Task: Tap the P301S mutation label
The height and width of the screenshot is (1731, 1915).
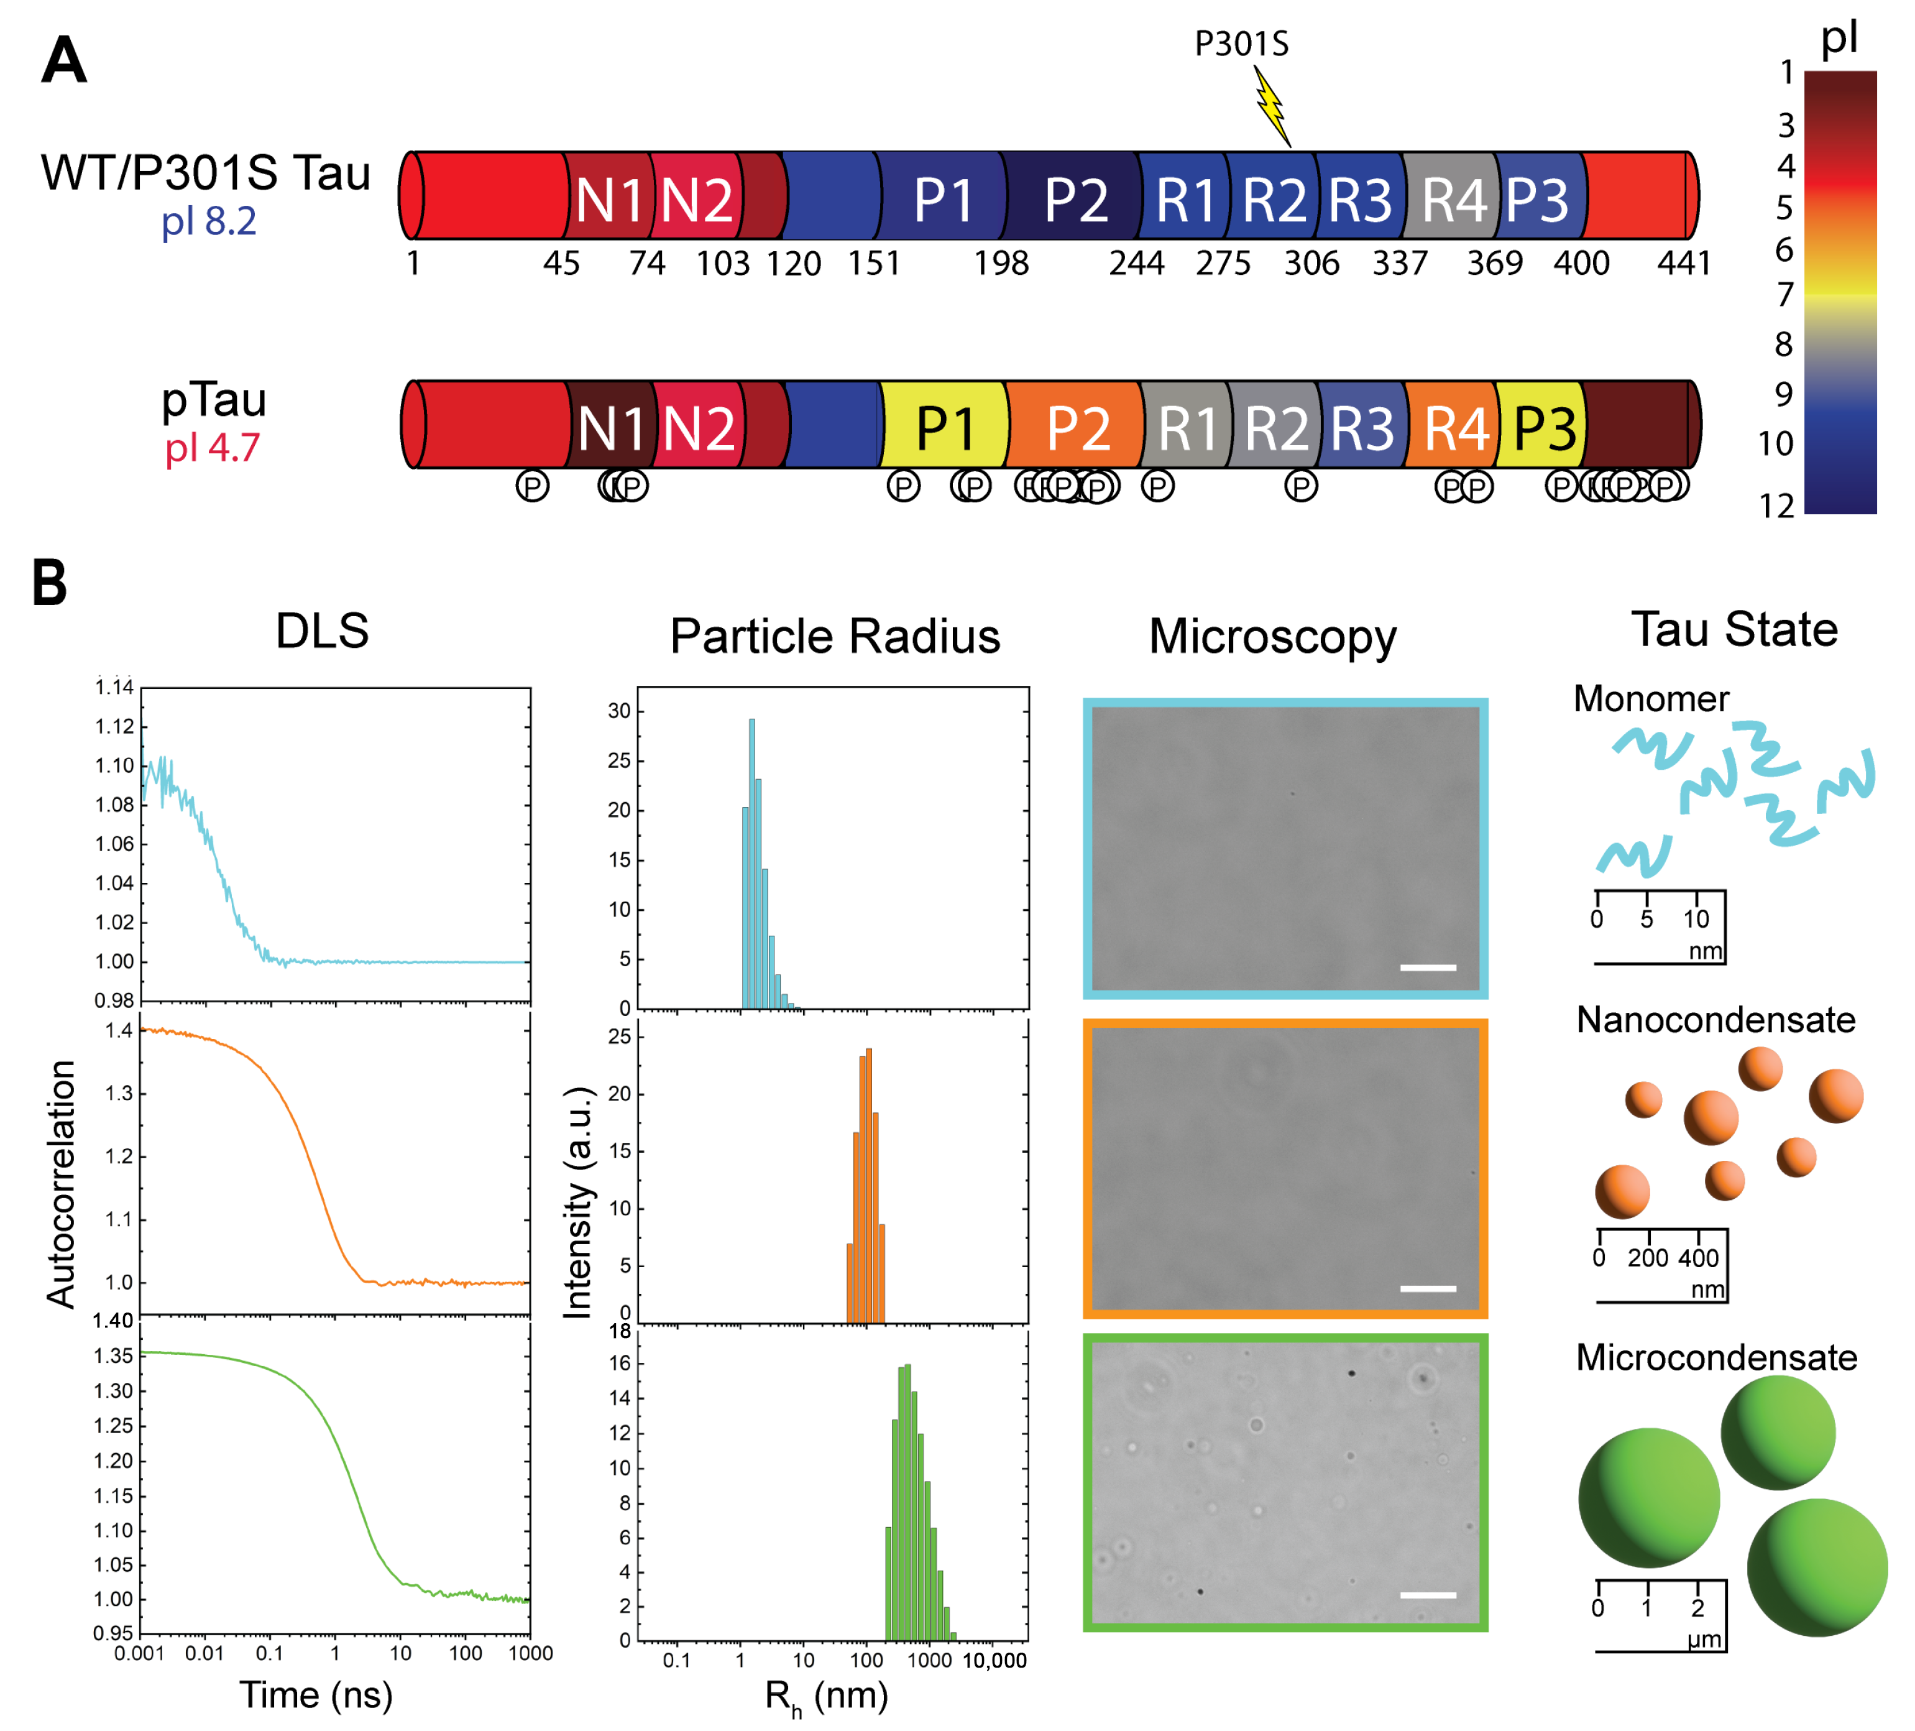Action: click(x=1241, y=44)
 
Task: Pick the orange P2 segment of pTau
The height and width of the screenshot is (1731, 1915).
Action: click(x=1077, y=427)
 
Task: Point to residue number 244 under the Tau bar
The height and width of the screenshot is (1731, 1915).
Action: click(x=1136, y=263)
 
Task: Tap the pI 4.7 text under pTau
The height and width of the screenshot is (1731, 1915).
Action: click(x=212, y=448)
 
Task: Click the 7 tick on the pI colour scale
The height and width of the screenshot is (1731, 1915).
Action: click(x=1785, y=295)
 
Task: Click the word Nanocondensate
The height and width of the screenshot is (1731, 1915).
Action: click(x=1715, y=1020)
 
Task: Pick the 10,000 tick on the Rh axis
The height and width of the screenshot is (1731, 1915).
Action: click(x=994, y=1661)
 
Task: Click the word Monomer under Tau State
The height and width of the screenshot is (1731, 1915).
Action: click(x=1651, y=699)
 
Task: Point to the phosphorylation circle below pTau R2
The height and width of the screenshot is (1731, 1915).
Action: click(x=1300, y=486)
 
